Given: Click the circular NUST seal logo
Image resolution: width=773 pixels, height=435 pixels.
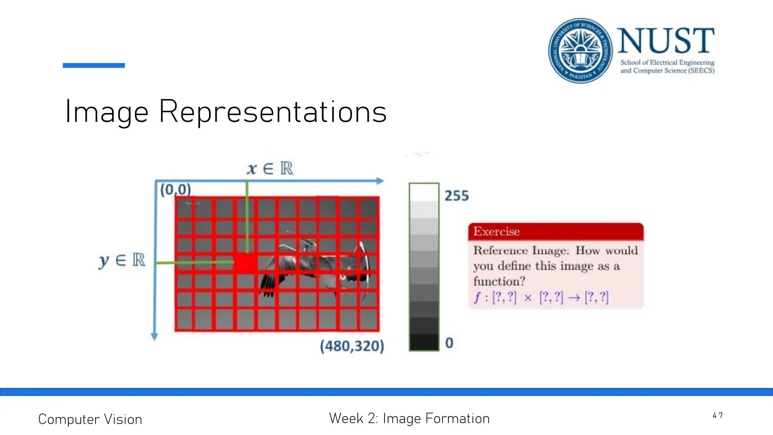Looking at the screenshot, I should pos(580,51).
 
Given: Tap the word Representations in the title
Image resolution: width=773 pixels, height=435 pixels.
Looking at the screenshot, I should pos(273,112).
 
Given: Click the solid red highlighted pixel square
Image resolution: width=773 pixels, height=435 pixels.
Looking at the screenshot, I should pos(246,262).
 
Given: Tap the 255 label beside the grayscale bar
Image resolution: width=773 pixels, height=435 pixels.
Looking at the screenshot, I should pos(456,196).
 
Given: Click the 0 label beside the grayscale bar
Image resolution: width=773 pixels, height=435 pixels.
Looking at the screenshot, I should pos(449,343).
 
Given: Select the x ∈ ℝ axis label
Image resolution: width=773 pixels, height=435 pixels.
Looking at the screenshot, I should pos(270,168).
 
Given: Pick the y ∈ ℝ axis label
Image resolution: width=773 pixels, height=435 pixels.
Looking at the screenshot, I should pos(122,260).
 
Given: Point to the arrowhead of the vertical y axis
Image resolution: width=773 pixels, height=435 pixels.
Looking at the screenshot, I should pos(154,336).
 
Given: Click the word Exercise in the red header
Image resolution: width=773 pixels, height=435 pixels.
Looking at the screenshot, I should pos(496,231).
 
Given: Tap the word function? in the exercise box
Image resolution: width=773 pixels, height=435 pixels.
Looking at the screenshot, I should pos(499,281).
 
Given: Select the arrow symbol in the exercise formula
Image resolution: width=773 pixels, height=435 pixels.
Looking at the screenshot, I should pos(574,298).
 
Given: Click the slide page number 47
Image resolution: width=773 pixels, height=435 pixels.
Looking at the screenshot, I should pos(718,416).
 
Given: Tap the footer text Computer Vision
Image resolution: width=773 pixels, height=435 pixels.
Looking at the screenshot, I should pos(90,420).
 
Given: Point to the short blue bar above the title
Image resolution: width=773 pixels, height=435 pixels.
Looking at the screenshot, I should pos(94,65).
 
